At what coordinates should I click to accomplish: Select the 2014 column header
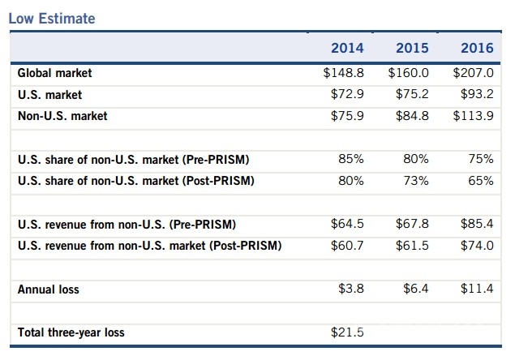click(x=347, y=48)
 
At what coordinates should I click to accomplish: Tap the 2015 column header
click(x=412, y=48)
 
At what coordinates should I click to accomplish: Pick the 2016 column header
click(x=477, y=48)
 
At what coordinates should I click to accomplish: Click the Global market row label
click(x=54, y=73)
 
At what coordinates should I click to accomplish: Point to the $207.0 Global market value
click(x=474, y=73)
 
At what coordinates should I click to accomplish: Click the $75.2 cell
click(x=413, y=94)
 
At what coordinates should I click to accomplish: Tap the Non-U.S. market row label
click(x=62, y=116)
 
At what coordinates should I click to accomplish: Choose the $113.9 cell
click(x=474, y=116)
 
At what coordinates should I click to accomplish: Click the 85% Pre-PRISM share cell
click(x=351, y=159)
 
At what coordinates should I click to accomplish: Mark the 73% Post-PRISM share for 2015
click(x=416, y=180)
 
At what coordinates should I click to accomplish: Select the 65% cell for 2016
click(x=481, y=180)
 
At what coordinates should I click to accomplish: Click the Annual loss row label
click(x=49, y=289)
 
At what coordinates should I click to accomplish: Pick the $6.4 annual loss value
click(x=416, y=289)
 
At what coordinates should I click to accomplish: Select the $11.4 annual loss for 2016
click(x=478, y=289)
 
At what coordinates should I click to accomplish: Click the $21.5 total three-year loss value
click(x=348, y=332)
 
